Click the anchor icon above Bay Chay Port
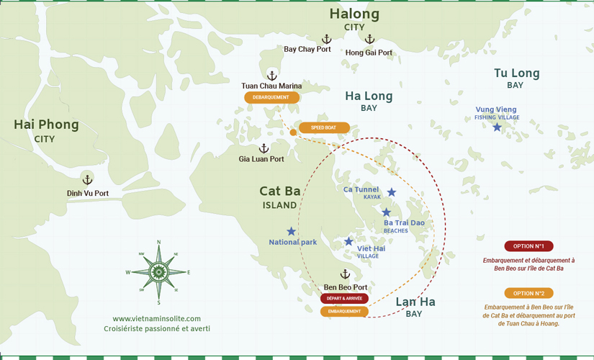click(325, 39)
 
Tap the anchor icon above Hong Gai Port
click(369, 40)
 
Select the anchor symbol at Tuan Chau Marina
click(272, 75)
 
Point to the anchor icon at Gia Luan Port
click(264, 148)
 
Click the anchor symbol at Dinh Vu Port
click(88, 180)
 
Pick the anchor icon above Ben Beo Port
click(345, 274)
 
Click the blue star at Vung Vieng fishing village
click(497, 127)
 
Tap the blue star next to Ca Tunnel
click(392, 192)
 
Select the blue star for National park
click(291, 231)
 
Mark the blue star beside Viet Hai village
click(348, 241)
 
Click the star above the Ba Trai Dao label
click(387, 212)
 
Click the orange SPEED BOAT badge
click(324, 127)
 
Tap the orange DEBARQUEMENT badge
click(271, 97)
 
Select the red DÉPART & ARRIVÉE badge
click(344, 298)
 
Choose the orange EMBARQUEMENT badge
click(344, 311)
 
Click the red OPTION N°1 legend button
click(528, 246)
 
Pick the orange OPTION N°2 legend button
click(528, 293)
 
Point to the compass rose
click(158, 271)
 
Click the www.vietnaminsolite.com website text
click(157, 318)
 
